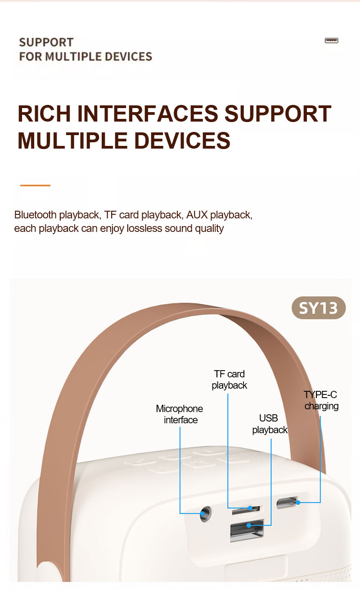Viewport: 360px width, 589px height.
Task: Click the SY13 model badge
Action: (x=319, y=308)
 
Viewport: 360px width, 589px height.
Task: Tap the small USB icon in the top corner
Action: (x=332, y=41)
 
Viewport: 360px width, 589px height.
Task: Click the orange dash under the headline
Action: (x=35, y=186)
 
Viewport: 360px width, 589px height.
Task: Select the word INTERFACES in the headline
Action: (x=148, y=113)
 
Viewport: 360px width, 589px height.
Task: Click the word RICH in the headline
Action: (x=44, y=113)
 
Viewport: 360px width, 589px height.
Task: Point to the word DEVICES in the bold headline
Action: (x=182, y=140)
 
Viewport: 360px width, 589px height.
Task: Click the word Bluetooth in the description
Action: (x=36, y=215)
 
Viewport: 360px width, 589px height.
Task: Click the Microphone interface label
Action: (x=180, y=414)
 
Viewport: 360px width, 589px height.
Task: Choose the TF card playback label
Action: (x=229, y=380)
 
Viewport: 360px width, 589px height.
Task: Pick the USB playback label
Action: (x=270, y=424)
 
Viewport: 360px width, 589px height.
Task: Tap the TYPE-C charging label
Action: (x=321, y=400)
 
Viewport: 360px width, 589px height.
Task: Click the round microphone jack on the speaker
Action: (x=205, y=514)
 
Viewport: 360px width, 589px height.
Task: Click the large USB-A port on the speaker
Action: (x=247, y=530)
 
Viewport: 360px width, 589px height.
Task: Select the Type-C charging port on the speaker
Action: (x=287, y=503)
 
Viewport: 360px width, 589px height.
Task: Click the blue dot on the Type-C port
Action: (x=298, y=503)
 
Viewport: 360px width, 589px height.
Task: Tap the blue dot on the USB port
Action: (x=248, y=525)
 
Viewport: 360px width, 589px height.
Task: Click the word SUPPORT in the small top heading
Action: (x=46, y=42)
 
